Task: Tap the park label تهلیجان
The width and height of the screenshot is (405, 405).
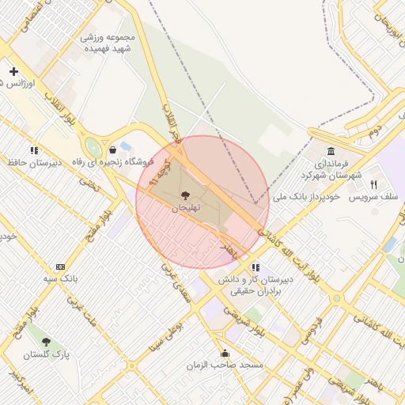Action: (x=186, y=207)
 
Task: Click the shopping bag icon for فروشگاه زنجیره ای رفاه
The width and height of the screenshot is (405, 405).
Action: (x=113, y=149)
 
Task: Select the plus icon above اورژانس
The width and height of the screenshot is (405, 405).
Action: (x=13, y=72)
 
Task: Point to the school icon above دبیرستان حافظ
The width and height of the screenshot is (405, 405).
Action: (x=34, y=150)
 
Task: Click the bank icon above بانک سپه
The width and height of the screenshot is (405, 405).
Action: (x=60, y=267)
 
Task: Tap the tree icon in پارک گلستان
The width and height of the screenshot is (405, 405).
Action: (x=46, y=342)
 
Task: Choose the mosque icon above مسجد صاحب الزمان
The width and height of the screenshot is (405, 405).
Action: (x=225, y=353)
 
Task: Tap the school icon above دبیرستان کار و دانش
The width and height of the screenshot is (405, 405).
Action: (x=255, y=268)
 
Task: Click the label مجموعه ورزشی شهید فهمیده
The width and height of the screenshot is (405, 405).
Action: (x=108, y=42)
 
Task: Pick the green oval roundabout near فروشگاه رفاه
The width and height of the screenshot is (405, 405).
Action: (x=94, y=148)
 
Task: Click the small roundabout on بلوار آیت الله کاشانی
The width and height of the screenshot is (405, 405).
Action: (x=337, y=298)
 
